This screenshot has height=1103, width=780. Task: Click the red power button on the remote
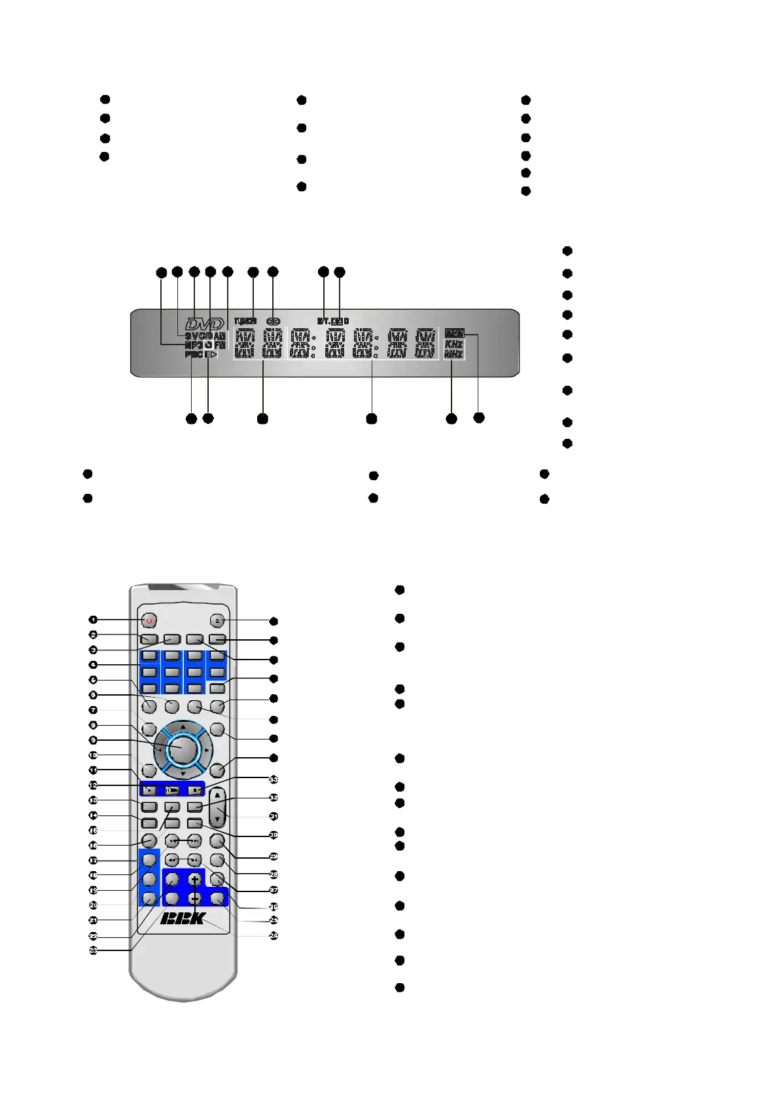coord(149,620)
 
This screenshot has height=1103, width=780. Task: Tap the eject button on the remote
coord(217,620)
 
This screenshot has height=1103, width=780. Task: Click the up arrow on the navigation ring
coord(183,726)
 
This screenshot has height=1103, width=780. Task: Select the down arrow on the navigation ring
coord(183,774)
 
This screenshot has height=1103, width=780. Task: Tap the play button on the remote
coord(149,790)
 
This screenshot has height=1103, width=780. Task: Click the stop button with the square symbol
coord(195,790)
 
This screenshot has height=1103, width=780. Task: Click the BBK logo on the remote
coord(183,918)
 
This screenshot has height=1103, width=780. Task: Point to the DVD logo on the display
coord(204,324)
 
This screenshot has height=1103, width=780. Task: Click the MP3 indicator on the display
coord(194,345)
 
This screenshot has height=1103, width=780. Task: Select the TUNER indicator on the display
coord(245,322)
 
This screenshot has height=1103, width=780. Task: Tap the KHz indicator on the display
coord(453,345)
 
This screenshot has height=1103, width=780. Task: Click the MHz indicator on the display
coord(453,354)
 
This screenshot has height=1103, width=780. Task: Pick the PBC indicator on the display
coord(194,354)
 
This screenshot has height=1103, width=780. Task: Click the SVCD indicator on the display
coord(198,336)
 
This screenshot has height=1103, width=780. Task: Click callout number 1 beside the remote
coord(94,620)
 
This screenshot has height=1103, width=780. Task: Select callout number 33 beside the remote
coord(274,779)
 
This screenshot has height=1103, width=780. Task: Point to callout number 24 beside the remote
coord(274,935)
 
